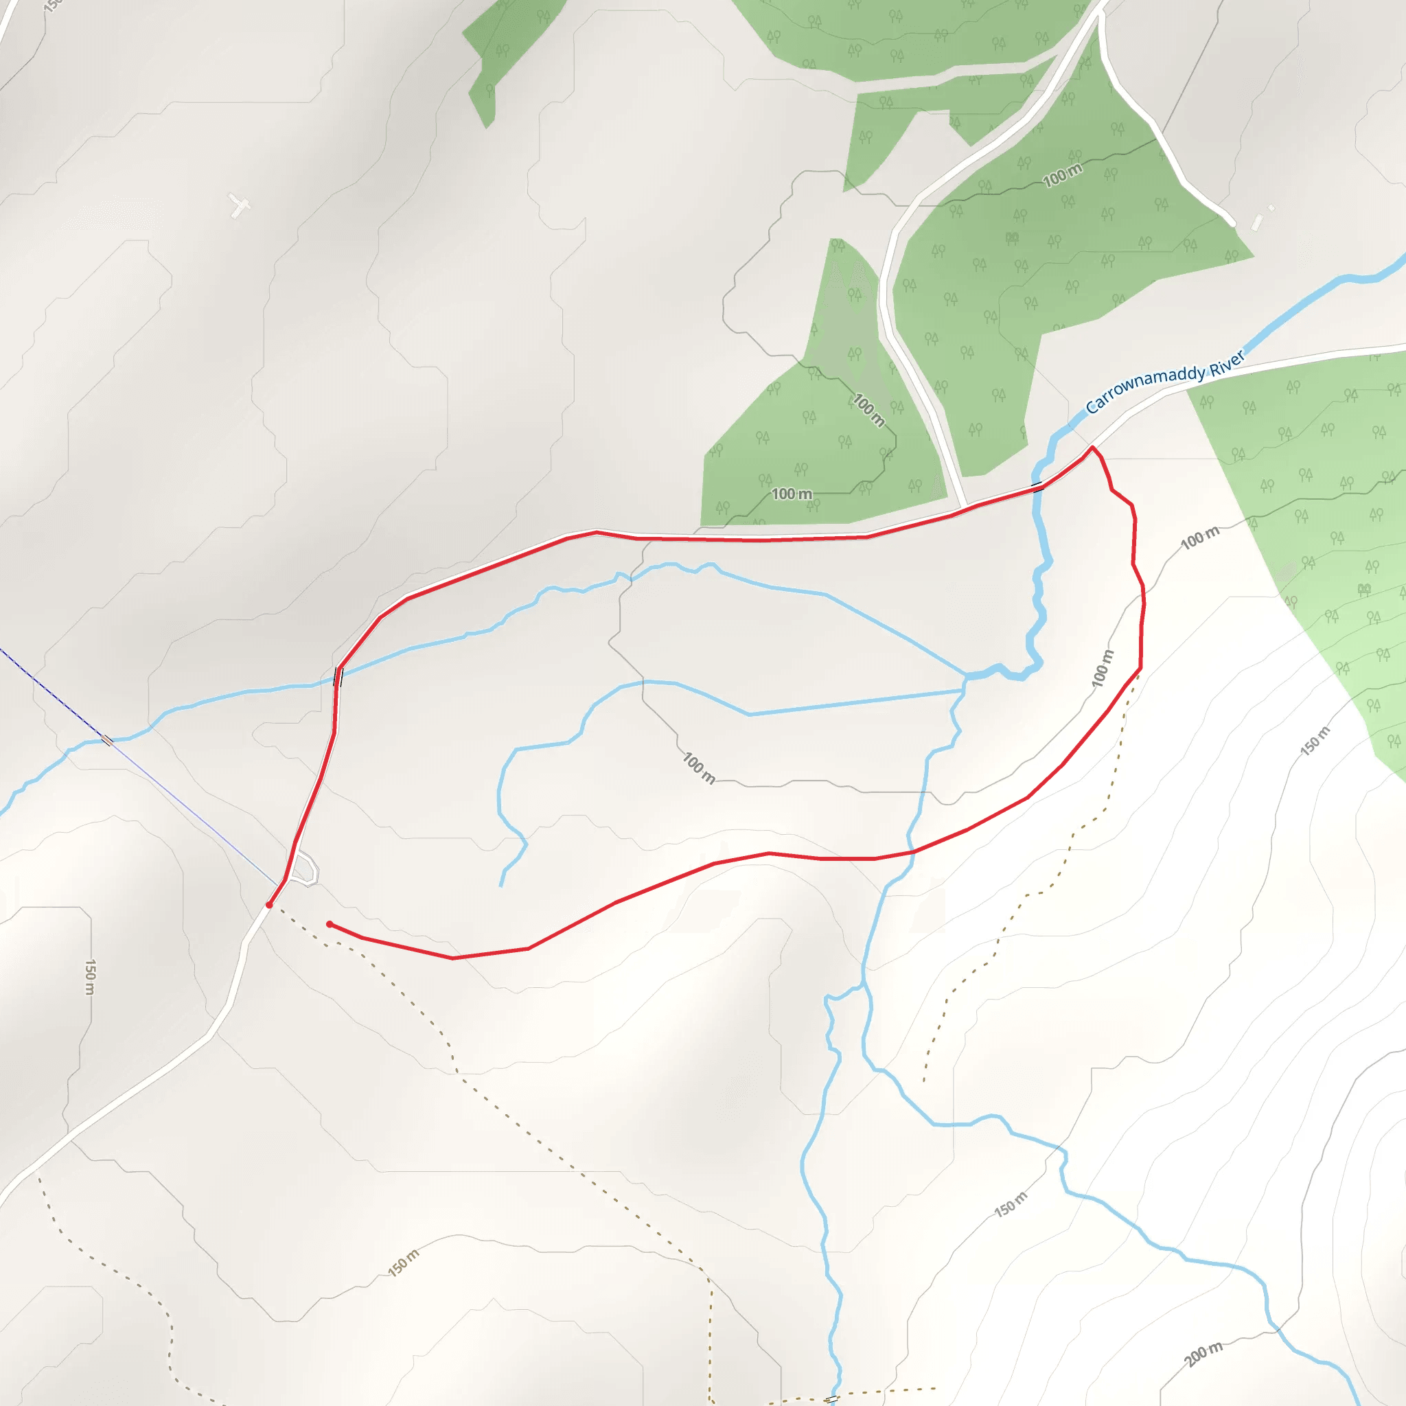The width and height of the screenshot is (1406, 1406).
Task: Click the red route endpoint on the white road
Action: point(269,905)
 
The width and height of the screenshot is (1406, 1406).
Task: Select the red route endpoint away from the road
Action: point(330,924)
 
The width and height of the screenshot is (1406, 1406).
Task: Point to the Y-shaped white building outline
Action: point(240,205)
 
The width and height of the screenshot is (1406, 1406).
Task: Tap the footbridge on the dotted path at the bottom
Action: point(832,1398)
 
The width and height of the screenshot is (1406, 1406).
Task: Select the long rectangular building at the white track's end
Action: point(1257,221)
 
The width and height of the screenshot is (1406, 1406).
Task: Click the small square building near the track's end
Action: point(1271,208)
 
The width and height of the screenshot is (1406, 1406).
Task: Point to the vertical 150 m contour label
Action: point(89,977)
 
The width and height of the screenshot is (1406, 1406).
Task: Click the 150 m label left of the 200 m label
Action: point(1011,1204)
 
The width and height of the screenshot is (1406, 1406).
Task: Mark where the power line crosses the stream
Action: point(107,740)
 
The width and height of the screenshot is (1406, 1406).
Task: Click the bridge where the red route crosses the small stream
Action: point(338,676)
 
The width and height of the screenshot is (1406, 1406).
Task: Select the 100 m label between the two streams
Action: point(699,768)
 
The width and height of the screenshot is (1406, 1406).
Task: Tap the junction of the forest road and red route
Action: point(965,508)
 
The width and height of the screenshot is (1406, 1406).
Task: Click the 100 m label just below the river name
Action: point(1199,537)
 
